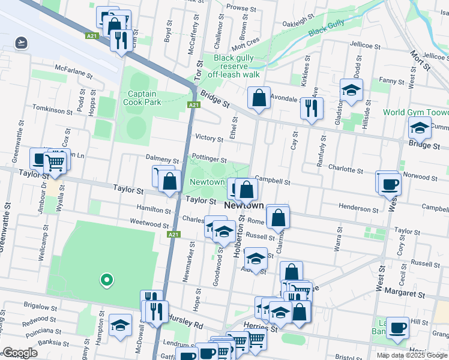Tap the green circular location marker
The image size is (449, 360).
106,279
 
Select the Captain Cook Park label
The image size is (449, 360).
142,98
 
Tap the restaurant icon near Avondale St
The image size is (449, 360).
311,108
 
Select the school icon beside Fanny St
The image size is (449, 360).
351,90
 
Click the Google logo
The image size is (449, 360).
20,353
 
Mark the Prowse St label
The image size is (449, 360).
238,8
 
